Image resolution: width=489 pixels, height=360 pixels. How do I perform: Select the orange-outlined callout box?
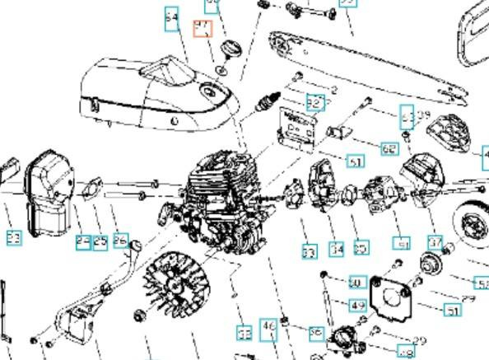203,30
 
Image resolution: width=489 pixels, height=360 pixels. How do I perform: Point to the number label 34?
337,248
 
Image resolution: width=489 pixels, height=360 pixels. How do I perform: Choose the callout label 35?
361,247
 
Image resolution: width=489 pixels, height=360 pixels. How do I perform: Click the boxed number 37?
435,241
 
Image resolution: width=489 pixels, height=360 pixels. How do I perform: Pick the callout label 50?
356,283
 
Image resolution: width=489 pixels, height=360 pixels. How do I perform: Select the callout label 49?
358,306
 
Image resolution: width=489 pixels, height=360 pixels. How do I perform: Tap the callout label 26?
121,241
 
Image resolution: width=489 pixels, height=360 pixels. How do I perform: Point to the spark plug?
265,105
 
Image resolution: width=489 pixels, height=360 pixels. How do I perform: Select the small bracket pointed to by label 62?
340,132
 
